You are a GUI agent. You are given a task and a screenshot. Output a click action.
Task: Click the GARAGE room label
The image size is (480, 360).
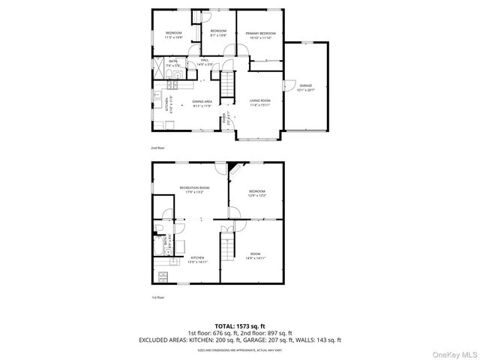point(305,88)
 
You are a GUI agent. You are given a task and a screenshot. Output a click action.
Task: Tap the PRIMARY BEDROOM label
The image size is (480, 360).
point(262,35)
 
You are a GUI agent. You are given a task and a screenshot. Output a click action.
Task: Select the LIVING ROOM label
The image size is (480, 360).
point(260,102)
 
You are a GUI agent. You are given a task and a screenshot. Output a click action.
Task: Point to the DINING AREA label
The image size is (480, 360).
point(202,103)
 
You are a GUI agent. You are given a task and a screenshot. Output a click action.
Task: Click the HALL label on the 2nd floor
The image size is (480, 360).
point(204,62)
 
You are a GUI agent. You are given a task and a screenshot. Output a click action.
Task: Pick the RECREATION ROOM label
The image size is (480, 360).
point(193,189)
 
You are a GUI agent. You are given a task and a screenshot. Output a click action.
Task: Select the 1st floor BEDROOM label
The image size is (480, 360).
point(257,194)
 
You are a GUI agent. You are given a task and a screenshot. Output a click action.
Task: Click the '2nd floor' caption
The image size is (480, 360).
point(157,148)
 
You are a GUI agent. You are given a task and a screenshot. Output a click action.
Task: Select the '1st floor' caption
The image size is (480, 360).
point(157,298)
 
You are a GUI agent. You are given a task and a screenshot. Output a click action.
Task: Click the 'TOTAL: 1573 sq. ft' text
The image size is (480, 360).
point(240,326)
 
